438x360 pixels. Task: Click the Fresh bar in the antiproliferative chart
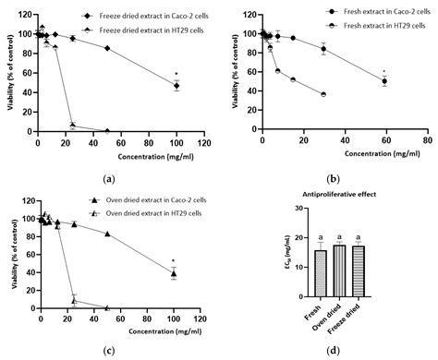click(x=321, y=276)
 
